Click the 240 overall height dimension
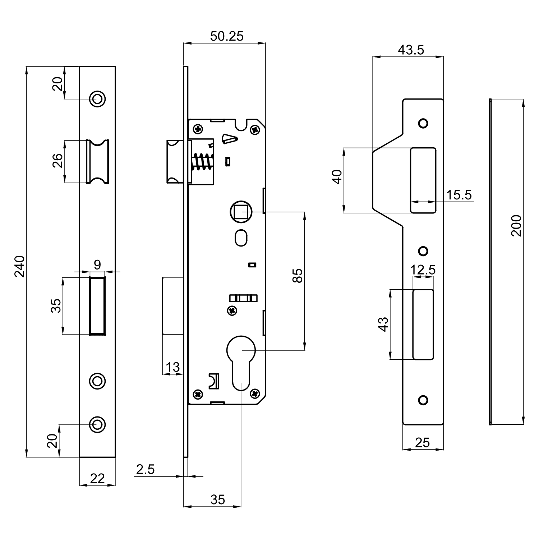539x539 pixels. tap(20, 266)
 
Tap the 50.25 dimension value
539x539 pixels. tap(227, 36)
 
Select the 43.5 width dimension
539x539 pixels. tap(411, 50)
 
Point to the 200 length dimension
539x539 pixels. tap(516, 225)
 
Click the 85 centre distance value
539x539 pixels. tap(298, 276)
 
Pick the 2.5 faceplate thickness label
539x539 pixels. tap(146, 469)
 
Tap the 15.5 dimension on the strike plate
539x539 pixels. tap(459, 195)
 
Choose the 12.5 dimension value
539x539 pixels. tap(423, 269)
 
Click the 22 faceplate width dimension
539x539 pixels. tap(97, 478)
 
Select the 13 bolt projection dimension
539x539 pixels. tap(172, 367)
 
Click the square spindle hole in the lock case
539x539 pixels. tap(241, 212)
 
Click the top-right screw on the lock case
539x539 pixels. tap(255, 129)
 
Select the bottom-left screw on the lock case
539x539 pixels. tap(198, 394)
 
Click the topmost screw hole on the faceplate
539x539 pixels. tap(97, 98)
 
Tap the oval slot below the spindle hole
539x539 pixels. tap(241, 238)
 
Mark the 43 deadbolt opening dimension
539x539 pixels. tap(384, 324)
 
